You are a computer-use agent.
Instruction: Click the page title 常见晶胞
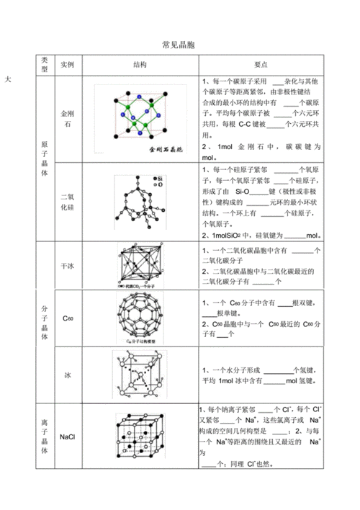click(179, 45)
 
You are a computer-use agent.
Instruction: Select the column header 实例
click(68, 65)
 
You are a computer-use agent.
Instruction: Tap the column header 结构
click(141, 65)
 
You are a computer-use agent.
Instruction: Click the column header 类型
click(44, 65)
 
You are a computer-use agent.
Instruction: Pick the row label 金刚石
click(68, 119)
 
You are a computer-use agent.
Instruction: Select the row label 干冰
click(68, 265)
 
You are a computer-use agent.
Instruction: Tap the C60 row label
click(68, 318)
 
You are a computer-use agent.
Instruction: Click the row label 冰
click(68, 375)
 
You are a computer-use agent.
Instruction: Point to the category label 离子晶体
click(44, 437)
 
